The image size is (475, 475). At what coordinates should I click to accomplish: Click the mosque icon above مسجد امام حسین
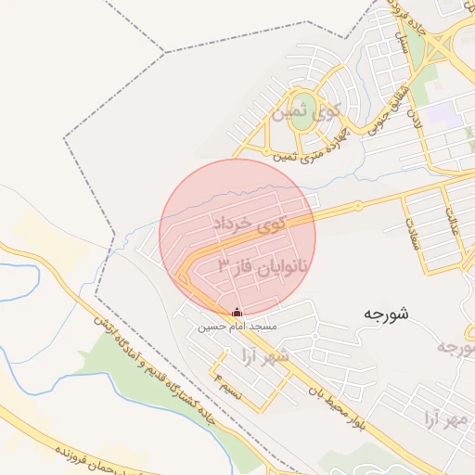click(236, 313)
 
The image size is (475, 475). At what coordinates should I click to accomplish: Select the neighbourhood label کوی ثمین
click(305, 115)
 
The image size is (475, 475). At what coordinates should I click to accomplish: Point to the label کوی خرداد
click(250, 225)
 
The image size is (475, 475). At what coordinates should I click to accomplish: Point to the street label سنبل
click(405, 46)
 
